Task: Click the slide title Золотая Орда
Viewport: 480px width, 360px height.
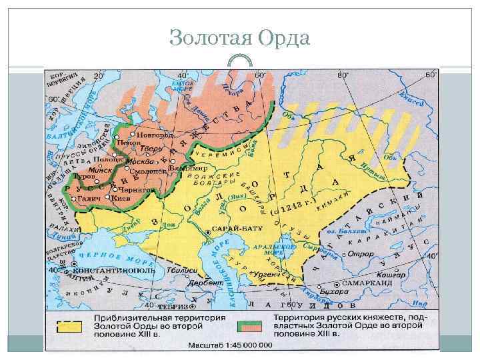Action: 240,38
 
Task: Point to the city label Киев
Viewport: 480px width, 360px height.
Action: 122,198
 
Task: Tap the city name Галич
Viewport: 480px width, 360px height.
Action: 89,199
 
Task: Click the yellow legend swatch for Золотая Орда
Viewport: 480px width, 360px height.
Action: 69,326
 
